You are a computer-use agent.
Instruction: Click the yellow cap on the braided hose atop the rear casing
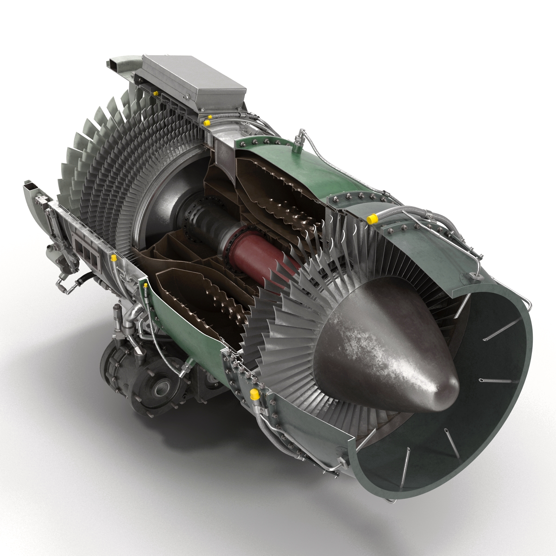click(x=372, y=218)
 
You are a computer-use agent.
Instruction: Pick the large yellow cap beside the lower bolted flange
click(x=254, y=394)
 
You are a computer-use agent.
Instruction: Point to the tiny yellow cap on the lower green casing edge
click(x=146, y=286)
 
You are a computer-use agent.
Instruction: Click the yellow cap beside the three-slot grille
click(x=114, y=257)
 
